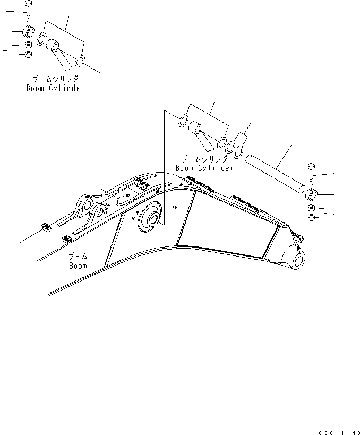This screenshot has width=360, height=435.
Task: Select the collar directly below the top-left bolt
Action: click(29, 31)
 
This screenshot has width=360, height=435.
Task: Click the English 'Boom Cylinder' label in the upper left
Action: click(55, 88)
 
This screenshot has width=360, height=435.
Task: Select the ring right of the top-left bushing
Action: click(80, 61)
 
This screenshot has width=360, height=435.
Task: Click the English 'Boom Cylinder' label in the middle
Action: click(204, 168)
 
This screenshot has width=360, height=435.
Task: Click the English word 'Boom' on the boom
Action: click(78, 265)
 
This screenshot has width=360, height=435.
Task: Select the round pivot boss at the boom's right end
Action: click(296, 260)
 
